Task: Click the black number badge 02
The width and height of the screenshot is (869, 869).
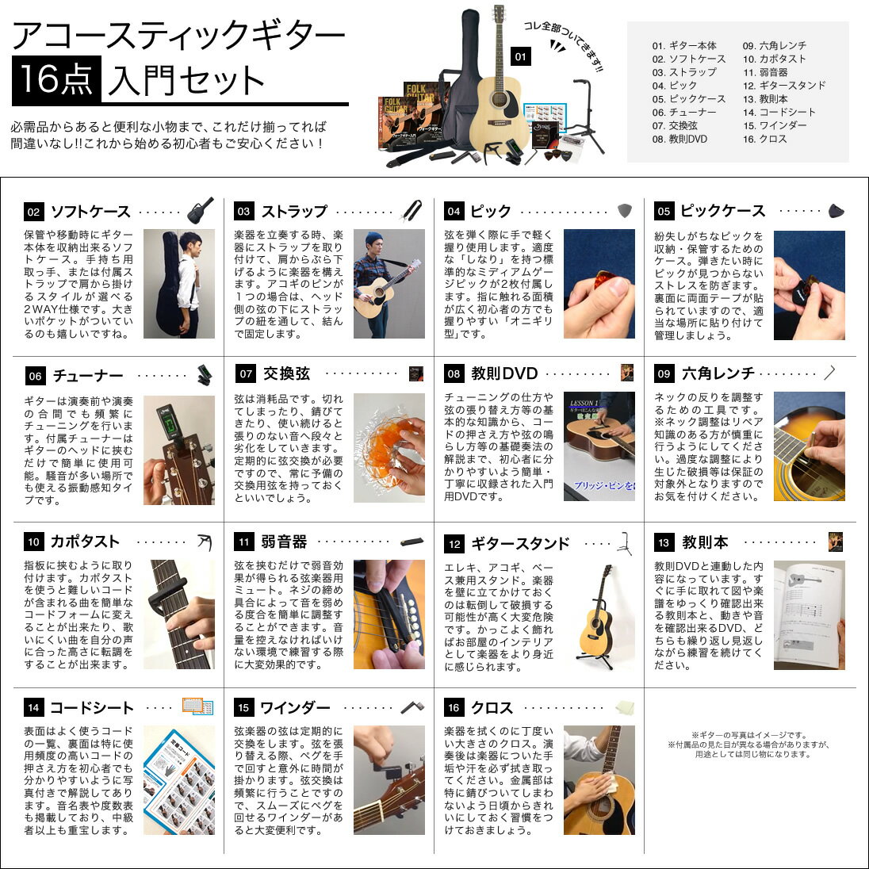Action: pyautogui.click(x=33, y=212)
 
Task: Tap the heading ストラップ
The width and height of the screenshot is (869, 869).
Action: pyautogui.click(x=294, y=212)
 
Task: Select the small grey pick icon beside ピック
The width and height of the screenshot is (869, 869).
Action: pyautogui.click(x=626, y=211)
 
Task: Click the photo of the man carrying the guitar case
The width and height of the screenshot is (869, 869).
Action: pyautogui.click(x=179, y=284)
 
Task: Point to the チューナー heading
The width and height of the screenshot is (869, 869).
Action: pyautogui.click(x=88, y=376)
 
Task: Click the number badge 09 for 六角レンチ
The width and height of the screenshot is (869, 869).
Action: pyautogui.click(x=664, y=373)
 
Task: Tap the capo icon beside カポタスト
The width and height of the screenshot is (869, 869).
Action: pyautogui.click(x=204, y=542)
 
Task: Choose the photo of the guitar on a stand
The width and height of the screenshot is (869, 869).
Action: pyautogui.click(x=599, y=615)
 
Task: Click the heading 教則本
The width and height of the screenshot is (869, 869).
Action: pyautogui.click(x=705, y=542)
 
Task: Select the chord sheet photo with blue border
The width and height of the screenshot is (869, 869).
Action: pyautogui.click(x=179, y=780)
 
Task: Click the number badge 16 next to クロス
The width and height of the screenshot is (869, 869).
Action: pyautogui.click(x=454, y=708)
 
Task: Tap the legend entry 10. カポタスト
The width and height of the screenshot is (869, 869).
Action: pyautogui.click(x=774, y=59)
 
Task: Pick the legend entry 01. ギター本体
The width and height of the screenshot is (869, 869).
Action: pyautogui.click(x=684, y=45)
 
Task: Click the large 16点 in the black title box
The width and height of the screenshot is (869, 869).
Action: pyautogui.click(x=56, y=80)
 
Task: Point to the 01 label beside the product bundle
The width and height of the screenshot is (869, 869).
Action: pyautogui.click(x=520, y=56)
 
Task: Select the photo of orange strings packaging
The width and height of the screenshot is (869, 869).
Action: pyautogui.click(x=389, y=448)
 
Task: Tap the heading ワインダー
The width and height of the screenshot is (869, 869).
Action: pyautogui.click(x=295, y=708)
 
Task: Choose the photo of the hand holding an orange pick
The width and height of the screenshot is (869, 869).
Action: pyautogui.click(x=599, y=284)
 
